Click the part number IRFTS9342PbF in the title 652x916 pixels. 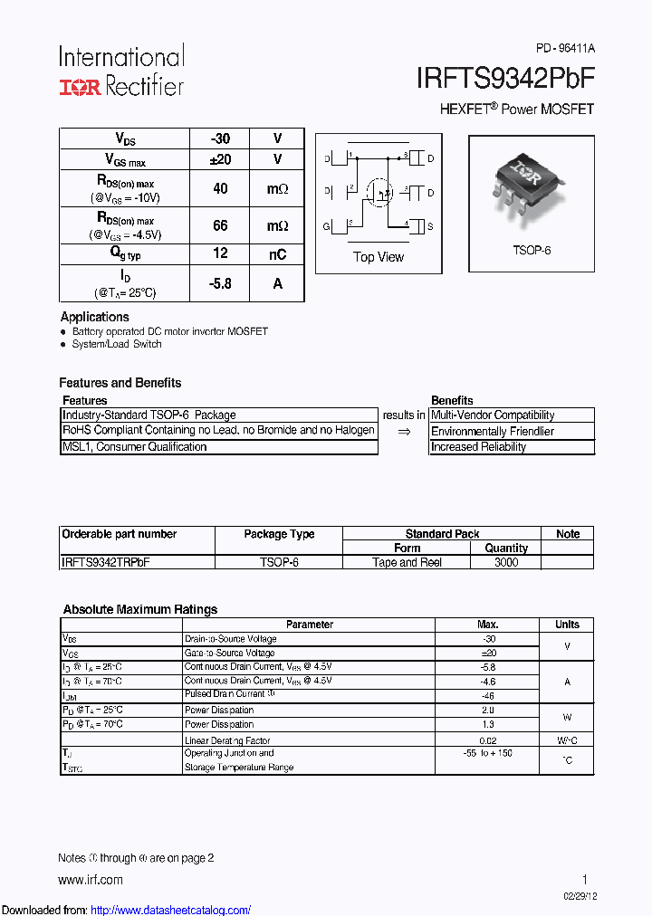tap(505, 80)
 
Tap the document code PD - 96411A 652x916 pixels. tap(565, 49)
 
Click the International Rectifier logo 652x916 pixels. tap(121, 71)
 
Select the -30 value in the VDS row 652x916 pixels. tap(220, 138)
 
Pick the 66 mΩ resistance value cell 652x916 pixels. tap(220, 225)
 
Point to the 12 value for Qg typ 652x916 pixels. tap(220, 254)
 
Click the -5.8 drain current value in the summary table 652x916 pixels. tap(220, 283)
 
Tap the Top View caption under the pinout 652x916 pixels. tap(379, 257)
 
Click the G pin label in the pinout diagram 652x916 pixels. tap(327, 225)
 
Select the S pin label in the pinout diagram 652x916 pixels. tap(430, 225)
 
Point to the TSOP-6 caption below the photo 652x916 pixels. tap(532, 250)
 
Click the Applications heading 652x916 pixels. tap(95, 317)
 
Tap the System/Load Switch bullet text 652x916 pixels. tap(117, 344)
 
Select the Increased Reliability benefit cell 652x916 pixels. tap(478, 447)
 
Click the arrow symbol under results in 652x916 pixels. tap(404, 431)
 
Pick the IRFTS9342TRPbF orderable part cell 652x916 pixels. tap(106, 562)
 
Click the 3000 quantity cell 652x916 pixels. tap(506, 562)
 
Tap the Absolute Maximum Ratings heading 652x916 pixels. tap(140, 609)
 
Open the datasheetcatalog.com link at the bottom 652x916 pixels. tap(171, 910)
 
